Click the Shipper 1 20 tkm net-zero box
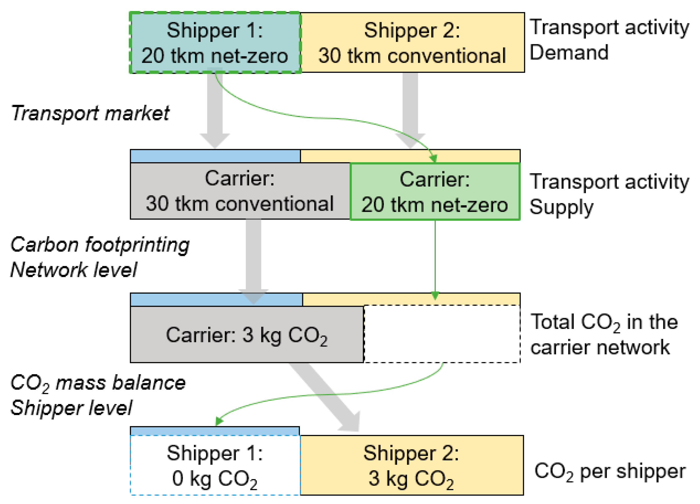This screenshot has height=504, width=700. [x=215, y=43]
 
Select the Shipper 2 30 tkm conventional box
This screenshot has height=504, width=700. [x=412, y=43]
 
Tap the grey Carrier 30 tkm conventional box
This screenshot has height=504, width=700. [x=239, y=191]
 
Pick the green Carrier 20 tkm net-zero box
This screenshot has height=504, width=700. [x=435, y=192]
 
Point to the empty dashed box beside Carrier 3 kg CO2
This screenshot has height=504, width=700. [x=442, y=334]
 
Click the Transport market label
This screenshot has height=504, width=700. [x=90, y=113]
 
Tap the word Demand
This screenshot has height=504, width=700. [x=569, y=53]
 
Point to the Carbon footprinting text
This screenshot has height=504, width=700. [x=99, y=245]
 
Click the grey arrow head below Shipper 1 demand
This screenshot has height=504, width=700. [x=215, y=141]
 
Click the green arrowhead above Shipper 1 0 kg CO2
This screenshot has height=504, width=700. [x=219, y=422]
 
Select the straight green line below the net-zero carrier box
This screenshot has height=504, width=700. [x=435, y=256]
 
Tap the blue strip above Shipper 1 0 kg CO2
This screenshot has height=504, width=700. [x=215, y=431]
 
